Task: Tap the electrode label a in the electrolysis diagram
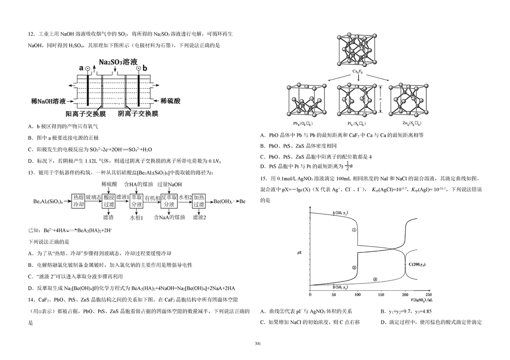tap(81, 68)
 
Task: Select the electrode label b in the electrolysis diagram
tap(145, 68)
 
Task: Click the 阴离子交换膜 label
tap(138, 114)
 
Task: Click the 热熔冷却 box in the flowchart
tap(78, 201)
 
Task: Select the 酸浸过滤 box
tap(108, 201)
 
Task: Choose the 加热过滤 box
tap(199, 201)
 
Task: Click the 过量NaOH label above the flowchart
tap(170, 184)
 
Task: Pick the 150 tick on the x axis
tap(381, 295)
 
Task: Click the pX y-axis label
tap(300, 253)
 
